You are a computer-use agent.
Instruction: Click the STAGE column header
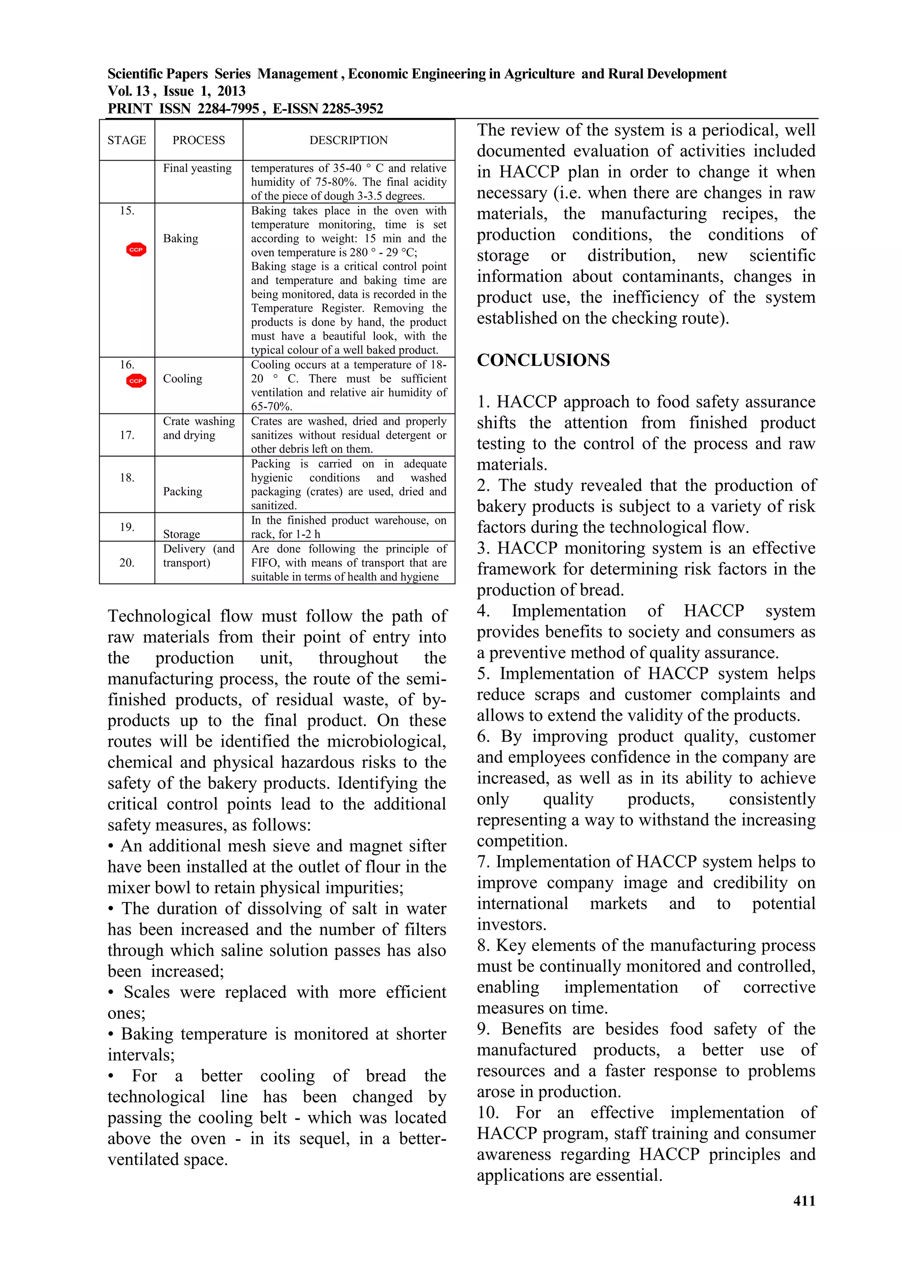tap(127, 140)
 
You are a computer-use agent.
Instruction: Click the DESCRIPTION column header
tap(348, 140)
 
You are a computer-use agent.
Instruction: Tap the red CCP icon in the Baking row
tap(136, 250)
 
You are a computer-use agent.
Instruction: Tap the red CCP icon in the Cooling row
tap(136, 381)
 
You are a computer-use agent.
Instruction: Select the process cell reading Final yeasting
tap(197, 168)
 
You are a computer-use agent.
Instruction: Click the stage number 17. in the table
tap(127, 435)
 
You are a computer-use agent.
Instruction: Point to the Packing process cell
tap(182, 491)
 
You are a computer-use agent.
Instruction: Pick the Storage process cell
tap(181, 534)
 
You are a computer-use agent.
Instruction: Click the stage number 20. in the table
tap(127, 563)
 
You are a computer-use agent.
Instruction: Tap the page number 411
tap(804, 1201)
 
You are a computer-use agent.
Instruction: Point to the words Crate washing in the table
tap(199, 421)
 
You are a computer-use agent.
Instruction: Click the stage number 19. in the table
tap(127, 527)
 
